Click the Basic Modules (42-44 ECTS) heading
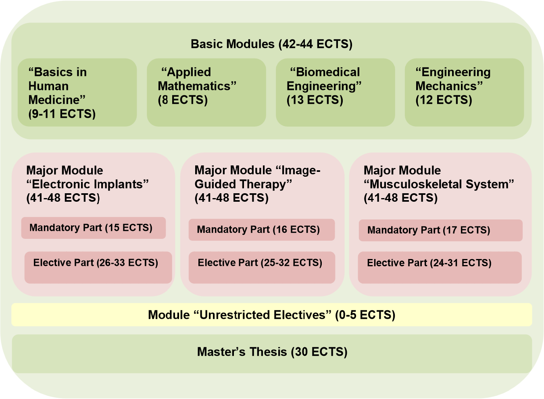click(x=271, y=44)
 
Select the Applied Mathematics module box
click(x=206, y=92)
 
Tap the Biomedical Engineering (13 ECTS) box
click(x=335, y=92)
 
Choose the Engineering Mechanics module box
click(x=464, y=92)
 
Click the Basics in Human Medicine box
click(x=77, y=92)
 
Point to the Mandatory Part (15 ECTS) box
click(x=94, y=228)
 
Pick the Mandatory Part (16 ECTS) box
click(x=262, y=230)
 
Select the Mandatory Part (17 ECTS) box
click(x=440, y=230)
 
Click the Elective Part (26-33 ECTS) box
click(x=98, y=267)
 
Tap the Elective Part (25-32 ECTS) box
click(x=262, y=267)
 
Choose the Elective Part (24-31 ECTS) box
click(x=440, y=267)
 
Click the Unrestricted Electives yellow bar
click(x=272, y=315)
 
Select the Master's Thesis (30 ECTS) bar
click(x=272, y=354)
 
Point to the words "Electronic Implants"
click(x=88, y=184)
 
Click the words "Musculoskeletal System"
click(x=439, y=184)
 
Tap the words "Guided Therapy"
click(x=243, y=184)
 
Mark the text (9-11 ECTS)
click(x=62, y=114)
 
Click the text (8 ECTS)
click(x=183, y=100)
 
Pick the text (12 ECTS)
click(x=444, y=100)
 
